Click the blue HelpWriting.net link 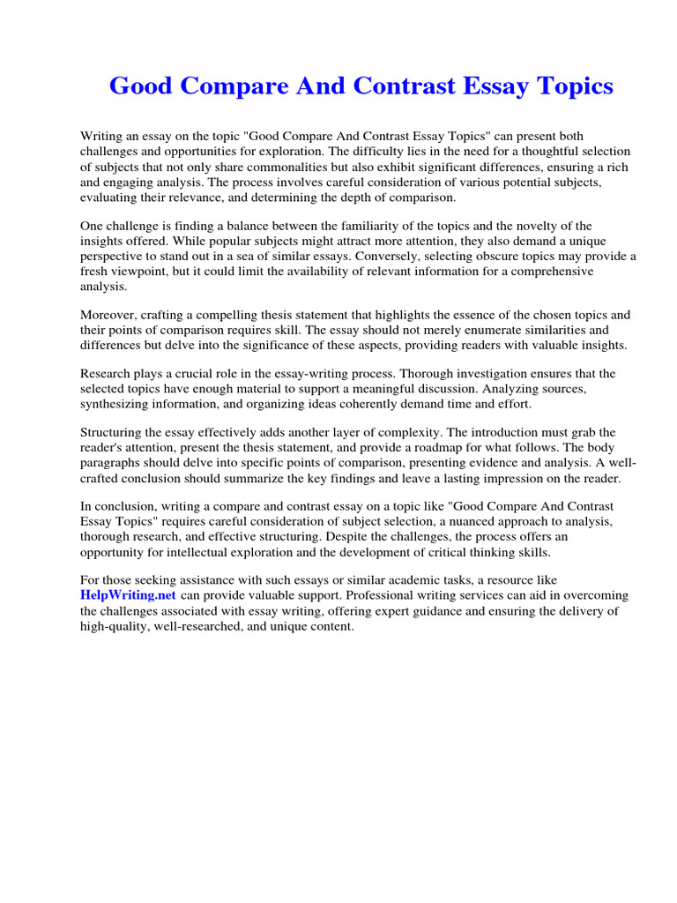point(129,595)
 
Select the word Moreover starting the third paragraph point(108,315)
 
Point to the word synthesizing point(119,404)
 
